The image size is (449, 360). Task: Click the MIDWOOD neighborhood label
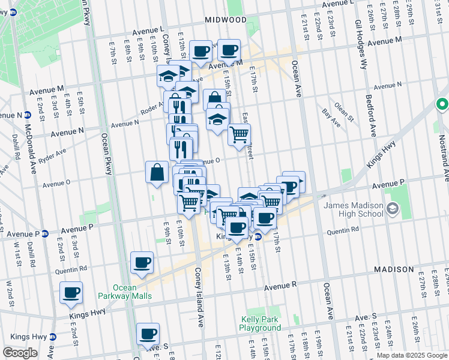click(x=225, y=20)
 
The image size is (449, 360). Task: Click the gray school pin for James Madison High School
click(x=393, y=209)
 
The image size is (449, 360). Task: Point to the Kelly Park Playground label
click(x=260, y=324)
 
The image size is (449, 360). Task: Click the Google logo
click(x=20, y=353)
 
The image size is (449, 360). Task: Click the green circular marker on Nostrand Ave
click(x=442, y=104)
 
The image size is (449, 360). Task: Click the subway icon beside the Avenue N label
click(x=28, y=115)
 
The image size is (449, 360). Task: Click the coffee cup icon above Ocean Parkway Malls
click(x=142, y=262)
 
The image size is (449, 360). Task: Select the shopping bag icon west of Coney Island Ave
click(x=157, y=172)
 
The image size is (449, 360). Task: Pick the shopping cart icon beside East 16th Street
click(x=239, y=134)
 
